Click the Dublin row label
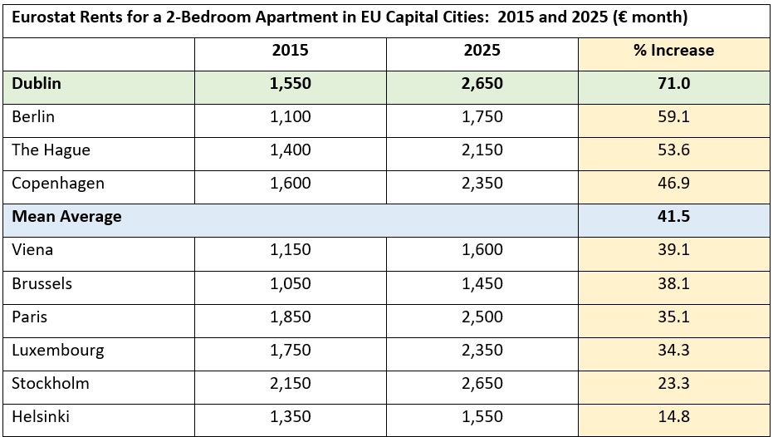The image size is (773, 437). [37, 83]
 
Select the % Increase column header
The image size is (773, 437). [674, 51]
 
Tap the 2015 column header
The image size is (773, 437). [291, 51]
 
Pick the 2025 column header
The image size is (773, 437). [482, 51]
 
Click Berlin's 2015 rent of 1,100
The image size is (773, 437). [291, 117]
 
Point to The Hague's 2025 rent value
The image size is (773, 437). [482, 150]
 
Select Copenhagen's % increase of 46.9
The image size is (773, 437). [674, 183]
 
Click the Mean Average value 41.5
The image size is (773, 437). [674, 217]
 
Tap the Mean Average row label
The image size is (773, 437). [66, 217]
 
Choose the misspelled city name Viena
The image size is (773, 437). [32, 249]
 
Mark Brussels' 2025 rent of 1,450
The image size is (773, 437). [482, 283]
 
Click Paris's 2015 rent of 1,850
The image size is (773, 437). [291, 317]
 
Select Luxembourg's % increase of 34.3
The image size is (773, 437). [674, 350]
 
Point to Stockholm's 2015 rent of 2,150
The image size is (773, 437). [291, 383]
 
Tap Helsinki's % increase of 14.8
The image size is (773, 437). [674, 417]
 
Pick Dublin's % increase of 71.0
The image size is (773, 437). [674, 83]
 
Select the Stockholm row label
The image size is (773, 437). [51, 383]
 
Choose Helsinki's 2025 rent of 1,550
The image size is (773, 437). [482, 417]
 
